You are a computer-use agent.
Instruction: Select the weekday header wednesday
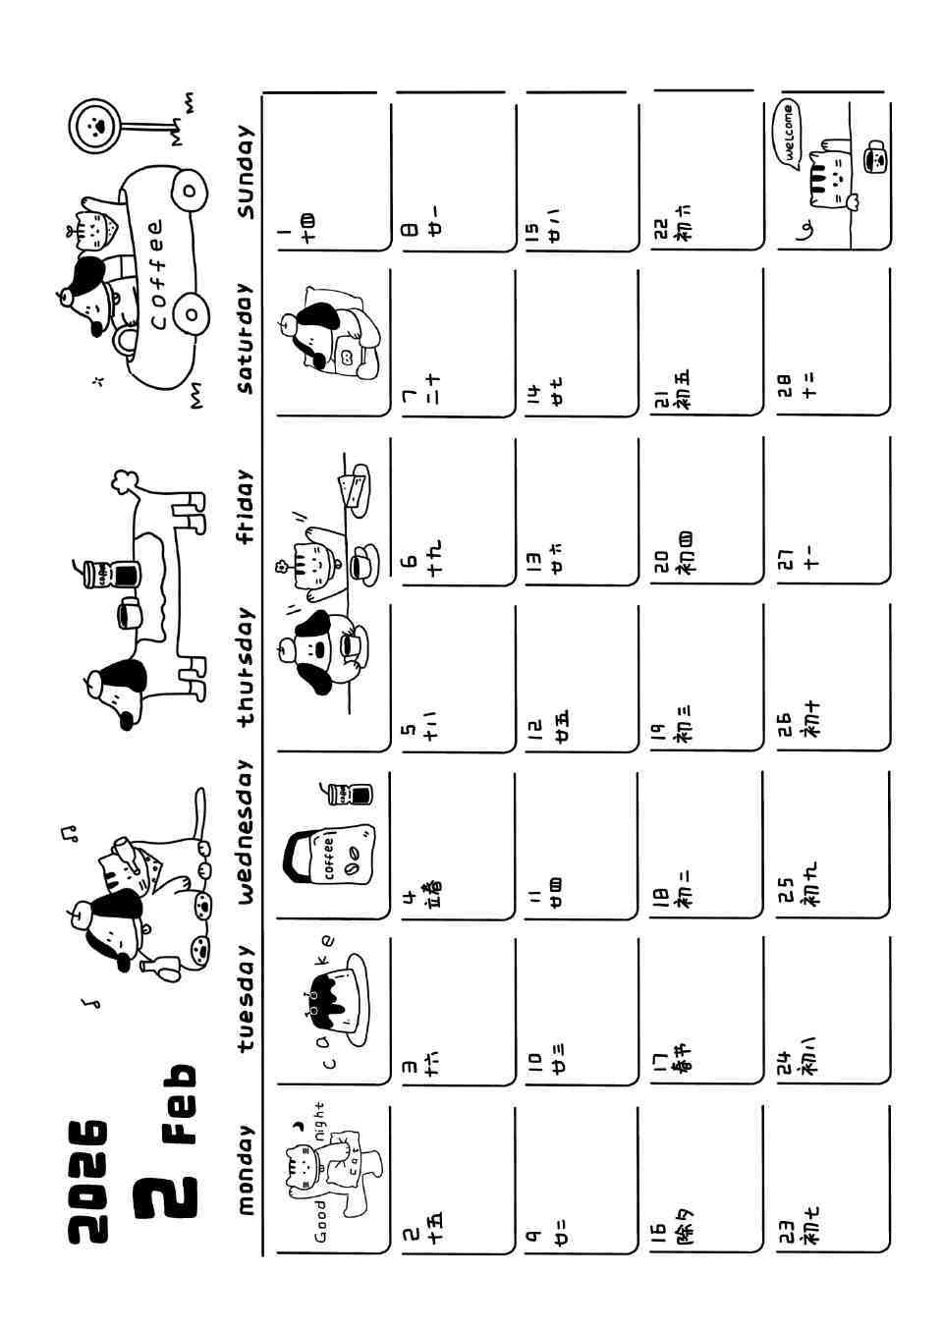pyautogui.click(x=245, y=830)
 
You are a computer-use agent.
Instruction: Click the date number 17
pyautogui.click(x=658, y=1061)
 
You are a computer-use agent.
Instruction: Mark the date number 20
pyautogui.click(x=658, y=562)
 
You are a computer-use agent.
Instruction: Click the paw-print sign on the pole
pyautogui.click(x=95, y=124)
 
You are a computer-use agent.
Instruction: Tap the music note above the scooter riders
pyautogui.click(x=69, y=833)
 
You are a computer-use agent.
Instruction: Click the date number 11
pyautogui.click(x=532, y=896)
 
